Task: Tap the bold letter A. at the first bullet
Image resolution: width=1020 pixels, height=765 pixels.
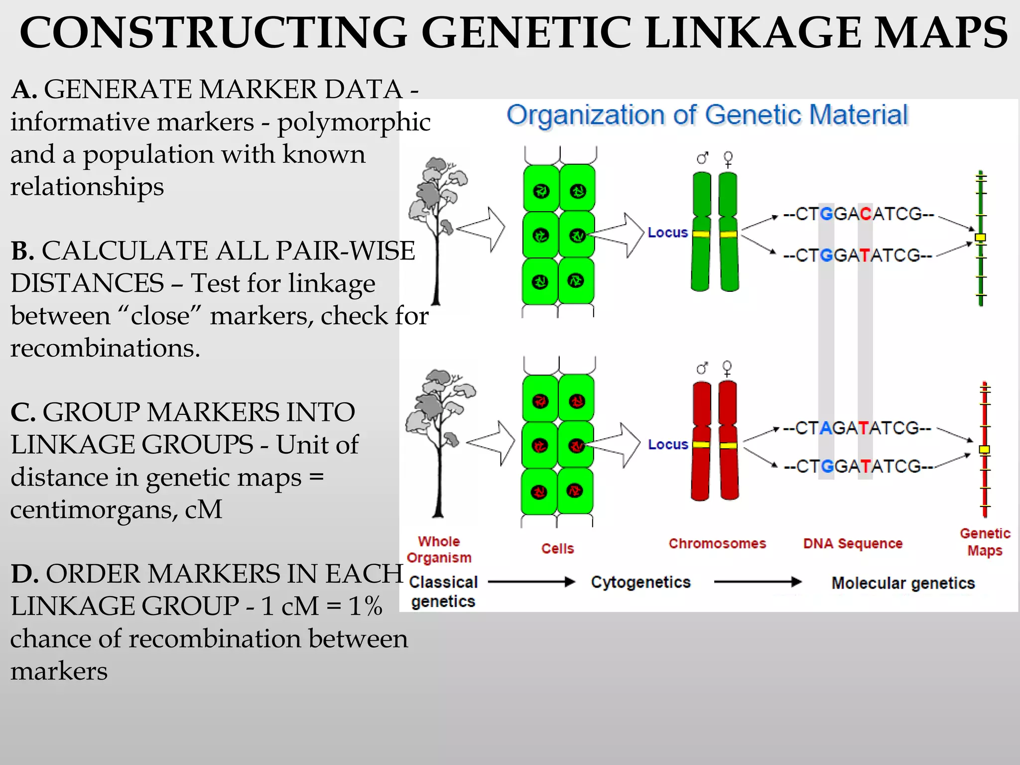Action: point(23,90)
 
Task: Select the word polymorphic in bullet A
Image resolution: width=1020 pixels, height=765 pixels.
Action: point(354,123)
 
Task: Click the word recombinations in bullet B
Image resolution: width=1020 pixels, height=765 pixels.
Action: point(105,348)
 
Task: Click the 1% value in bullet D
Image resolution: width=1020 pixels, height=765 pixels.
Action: point(365,606)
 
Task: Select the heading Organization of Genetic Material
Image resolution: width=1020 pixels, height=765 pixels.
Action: point(707,115)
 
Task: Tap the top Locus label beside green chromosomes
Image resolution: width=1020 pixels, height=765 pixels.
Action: point(667,233)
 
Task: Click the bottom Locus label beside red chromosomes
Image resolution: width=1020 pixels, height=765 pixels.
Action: point(667,444)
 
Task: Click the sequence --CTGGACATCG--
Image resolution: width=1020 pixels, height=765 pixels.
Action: point(858,214)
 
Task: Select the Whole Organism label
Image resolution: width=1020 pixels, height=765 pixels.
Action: point(439,549)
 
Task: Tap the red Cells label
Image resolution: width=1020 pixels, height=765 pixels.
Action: point(557,548)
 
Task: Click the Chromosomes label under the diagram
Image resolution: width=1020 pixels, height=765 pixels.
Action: point(717,543)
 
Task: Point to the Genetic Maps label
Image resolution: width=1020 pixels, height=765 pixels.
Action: point(985,542)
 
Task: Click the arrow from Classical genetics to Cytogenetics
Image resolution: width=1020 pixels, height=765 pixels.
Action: point(531,582)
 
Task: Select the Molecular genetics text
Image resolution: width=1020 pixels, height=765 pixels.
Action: point(902,583)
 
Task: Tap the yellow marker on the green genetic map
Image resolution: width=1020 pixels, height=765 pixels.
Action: point(980,238)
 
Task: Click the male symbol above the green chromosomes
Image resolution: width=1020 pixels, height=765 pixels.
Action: point(702,158)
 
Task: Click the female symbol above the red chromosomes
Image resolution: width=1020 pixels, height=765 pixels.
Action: point(727,369)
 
